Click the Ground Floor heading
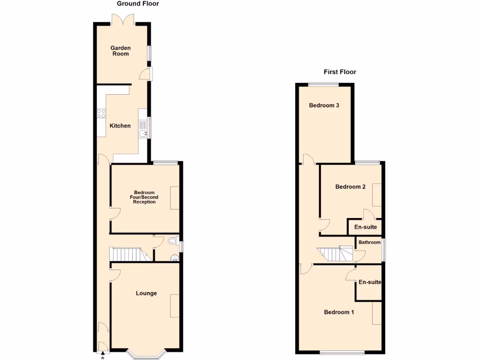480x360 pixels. tap(138, 4)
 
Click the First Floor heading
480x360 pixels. tap(340, 72)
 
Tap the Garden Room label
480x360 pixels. tap(120, 51)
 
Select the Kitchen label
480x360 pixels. tap(120, 126)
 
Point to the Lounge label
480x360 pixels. tap(146, 293)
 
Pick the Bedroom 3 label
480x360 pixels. tap(324, 105)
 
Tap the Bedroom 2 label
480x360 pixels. tap(350, 187)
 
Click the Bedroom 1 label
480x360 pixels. tap(339, 312)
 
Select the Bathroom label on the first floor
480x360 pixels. tap(369, 242)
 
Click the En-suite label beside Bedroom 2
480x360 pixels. tap(365, 227)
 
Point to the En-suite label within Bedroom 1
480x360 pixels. tap(369, 282)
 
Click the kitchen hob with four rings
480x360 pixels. tap(101, 113)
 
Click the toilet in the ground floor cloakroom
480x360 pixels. tap(172, 241)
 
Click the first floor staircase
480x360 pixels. tap(335, 255)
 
